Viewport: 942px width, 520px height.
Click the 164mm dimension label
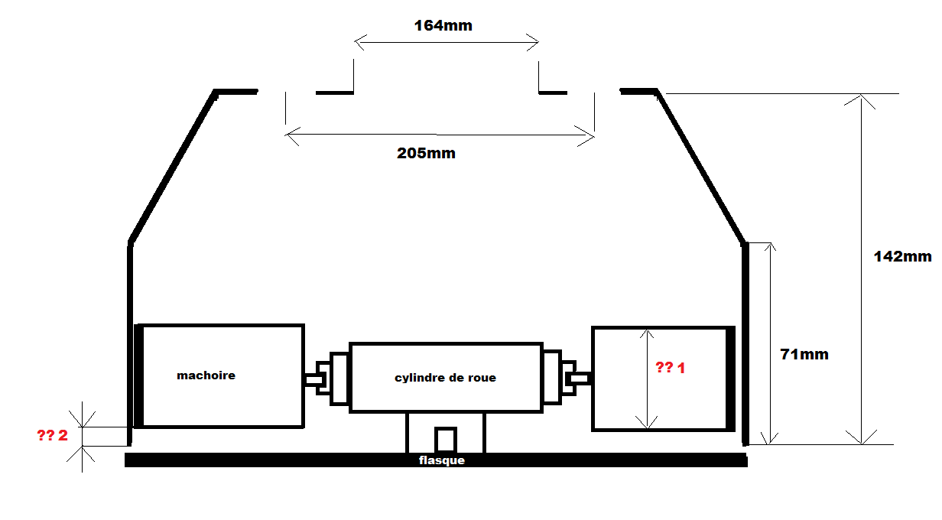click(443, 26)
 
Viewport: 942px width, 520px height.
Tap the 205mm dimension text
click(426, 154)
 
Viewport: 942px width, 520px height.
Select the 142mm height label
click(902, 257)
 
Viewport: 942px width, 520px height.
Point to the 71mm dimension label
click(804, 355)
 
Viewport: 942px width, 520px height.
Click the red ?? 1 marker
click(671, 368)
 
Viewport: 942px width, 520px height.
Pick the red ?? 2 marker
click(52, 437)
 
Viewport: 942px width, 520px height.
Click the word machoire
click(206, 375)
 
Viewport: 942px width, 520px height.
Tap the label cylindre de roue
click(445, 378)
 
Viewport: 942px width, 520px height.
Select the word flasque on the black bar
click(442, 460)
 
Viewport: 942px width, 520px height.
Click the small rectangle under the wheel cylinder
click(445, 440)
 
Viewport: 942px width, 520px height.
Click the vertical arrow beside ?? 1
click(648, 378)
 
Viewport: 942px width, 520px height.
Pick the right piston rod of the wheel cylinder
click(578, 378)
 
